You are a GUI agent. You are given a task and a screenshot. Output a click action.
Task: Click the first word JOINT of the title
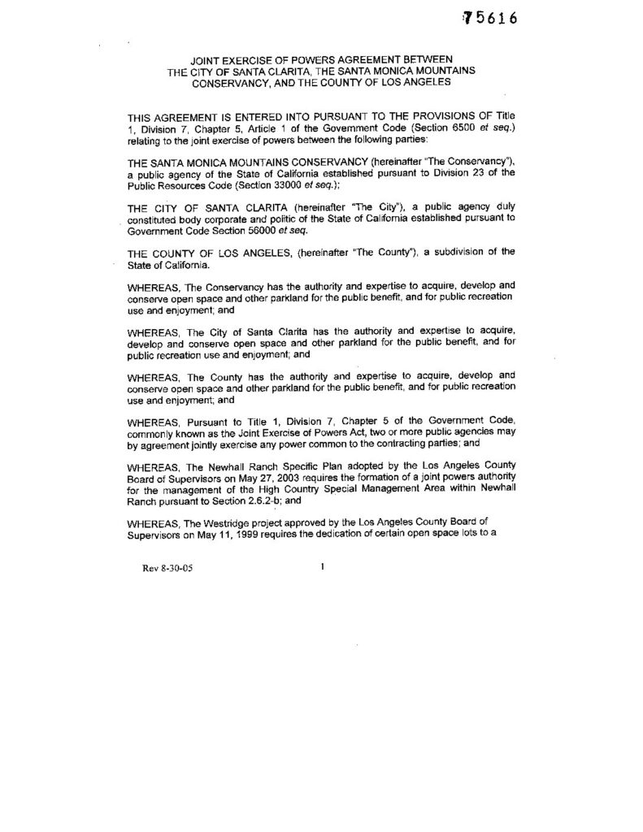point(206,60)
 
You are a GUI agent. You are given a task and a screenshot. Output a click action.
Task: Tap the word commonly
point(153,435)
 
